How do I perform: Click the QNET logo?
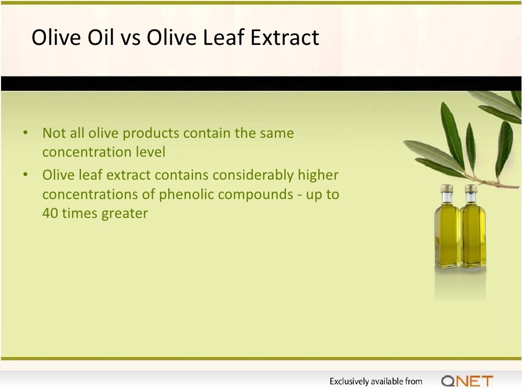pos(467,381)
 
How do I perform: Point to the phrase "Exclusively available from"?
pos(376,381)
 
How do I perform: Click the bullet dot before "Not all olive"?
pos(24,134)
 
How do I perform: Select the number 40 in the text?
pos(50,213)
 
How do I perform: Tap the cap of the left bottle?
pos(447,188)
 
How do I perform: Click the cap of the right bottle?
pos(471,188)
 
